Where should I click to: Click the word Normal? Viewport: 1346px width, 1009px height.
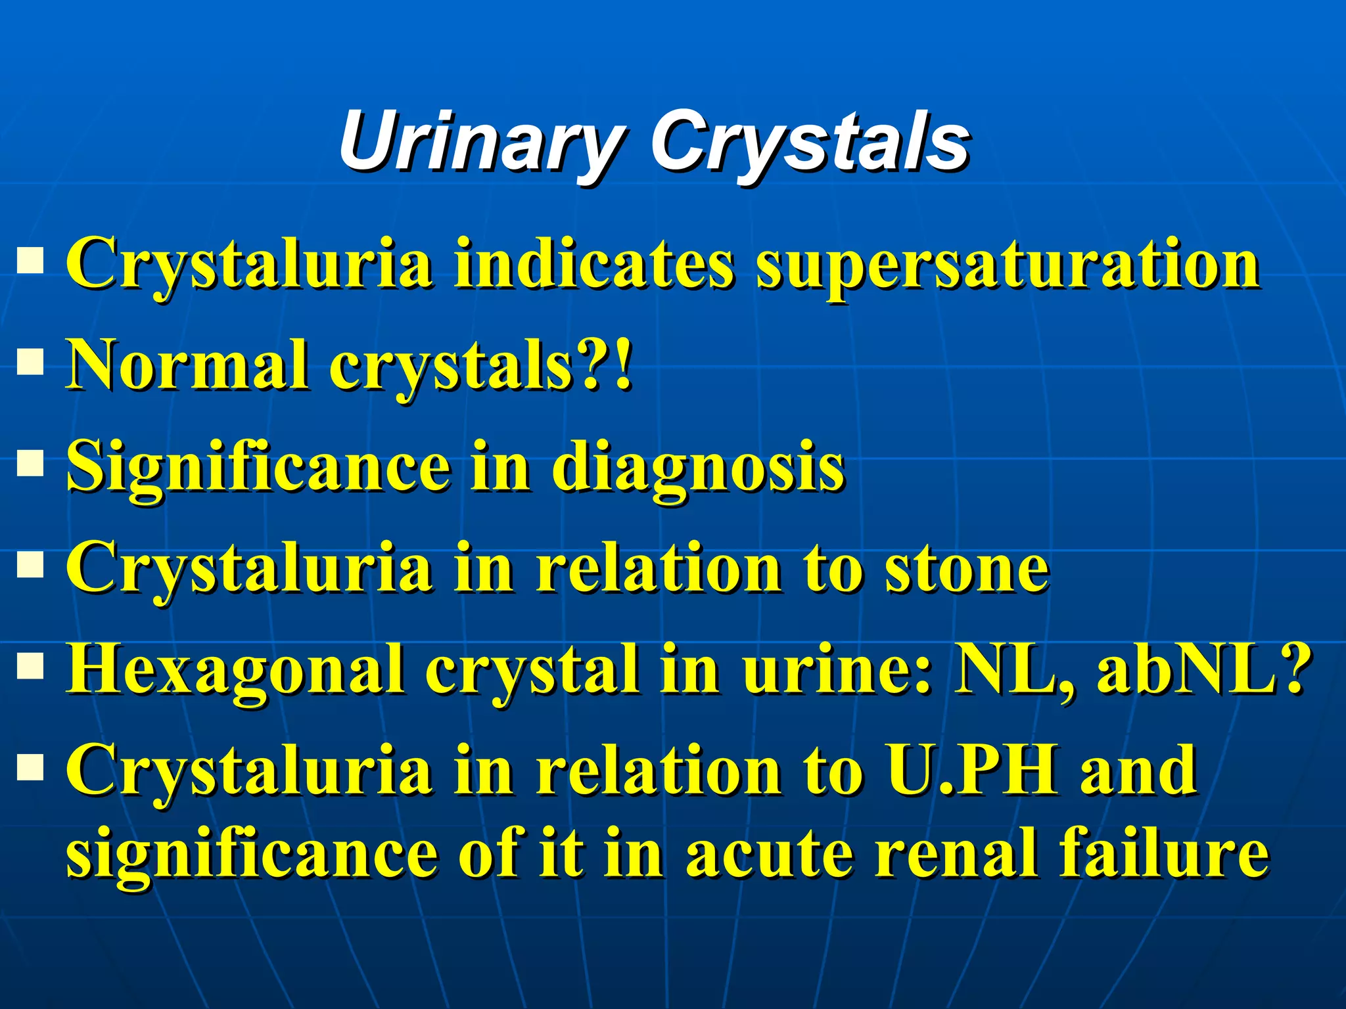tap(189, 365)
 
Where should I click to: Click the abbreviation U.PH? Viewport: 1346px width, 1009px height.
tap(971, 770)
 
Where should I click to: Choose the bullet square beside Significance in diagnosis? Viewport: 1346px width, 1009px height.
tap(30, 462)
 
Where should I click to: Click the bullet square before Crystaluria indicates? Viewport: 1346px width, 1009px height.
tap(30, 260)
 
